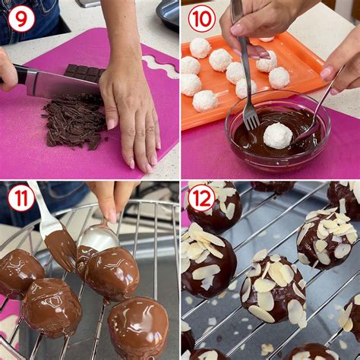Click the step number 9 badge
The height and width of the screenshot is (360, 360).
click(21, 18)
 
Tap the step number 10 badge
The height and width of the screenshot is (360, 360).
click(201, 18)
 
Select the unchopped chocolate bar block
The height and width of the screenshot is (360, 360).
click(84, 73)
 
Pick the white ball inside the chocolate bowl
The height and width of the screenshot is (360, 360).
click(277, 135)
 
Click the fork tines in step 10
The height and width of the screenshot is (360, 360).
click(250, 115)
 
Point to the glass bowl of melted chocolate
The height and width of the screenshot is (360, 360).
click(277, 137)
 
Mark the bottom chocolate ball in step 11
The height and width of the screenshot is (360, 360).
click(137, 327)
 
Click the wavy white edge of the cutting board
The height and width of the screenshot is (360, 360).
click(160, 65)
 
